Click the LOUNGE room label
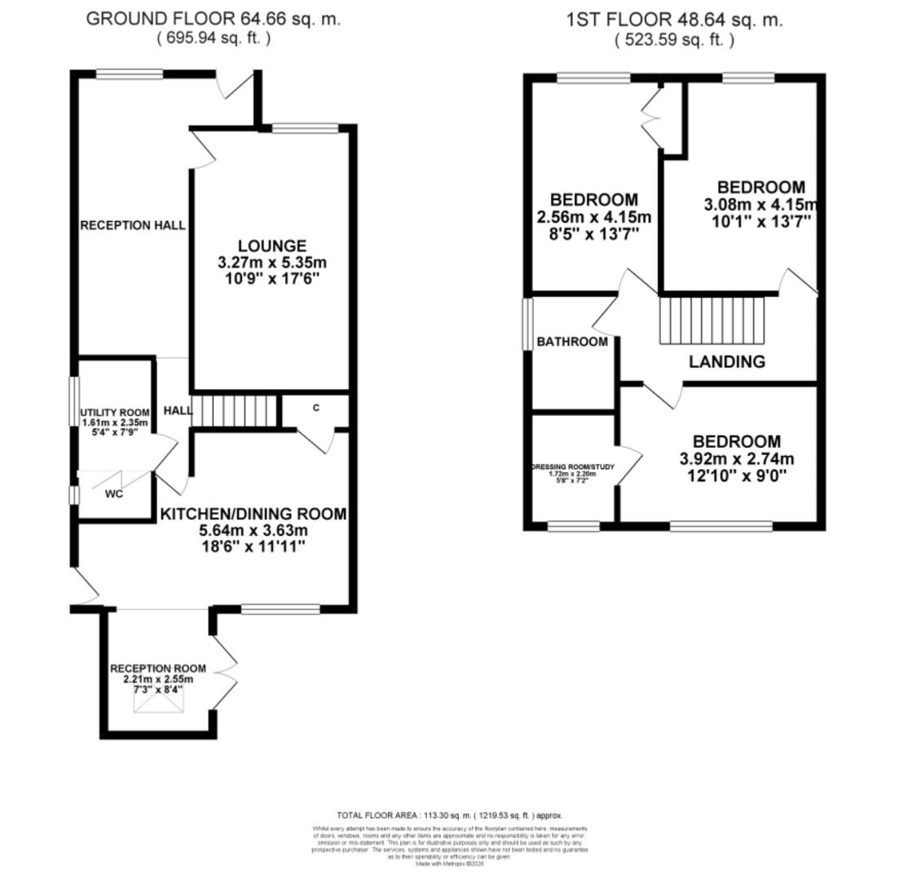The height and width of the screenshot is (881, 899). tap(272, 246)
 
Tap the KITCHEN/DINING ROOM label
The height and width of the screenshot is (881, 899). tap(253, 514)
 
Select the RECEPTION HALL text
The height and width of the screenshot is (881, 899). tap(133, 225)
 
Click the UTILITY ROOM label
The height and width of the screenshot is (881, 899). tap(115, 413)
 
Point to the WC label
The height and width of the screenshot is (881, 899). tap(113, 494)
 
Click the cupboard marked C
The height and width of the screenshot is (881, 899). tap(315, 408)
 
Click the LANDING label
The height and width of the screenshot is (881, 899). tap(727, 361)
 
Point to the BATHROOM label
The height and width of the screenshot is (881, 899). tap(572, 342)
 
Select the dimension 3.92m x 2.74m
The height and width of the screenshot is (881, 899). tap(736, 458)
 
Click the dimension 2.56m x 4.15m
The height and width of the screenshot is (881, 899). tap(594, 217)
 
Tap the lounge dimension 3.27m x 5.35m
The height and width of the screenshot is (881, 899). tap(272, 263)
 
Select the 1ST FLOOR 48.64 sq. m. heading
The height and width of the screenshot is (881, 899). tap(674, 20)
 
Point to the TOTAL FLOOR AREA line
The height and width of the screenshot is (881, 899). tap(449, 815)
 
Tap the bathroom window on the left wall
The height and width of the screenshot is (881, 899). tap(527, 324)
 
